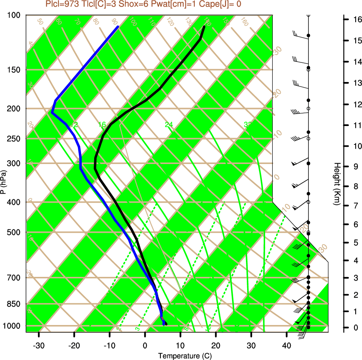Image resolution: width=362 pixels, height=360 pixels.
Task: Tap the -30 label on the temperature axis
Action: coord(39,345)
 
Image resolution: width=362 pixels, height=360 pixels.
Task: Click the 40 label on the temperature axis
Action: coord(286,345)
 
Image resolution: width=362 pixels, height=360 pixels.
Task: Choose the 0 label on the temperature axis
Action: coord(145,345)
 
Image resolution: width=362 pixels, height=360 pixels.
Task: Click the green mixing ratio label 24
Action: coord(169,125)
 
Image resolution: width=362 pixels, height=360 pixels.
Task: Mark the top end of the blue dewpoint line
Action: coord(118,27)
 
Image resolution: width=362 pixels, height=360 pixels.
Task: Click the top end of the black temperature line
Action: coord(204,27)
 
